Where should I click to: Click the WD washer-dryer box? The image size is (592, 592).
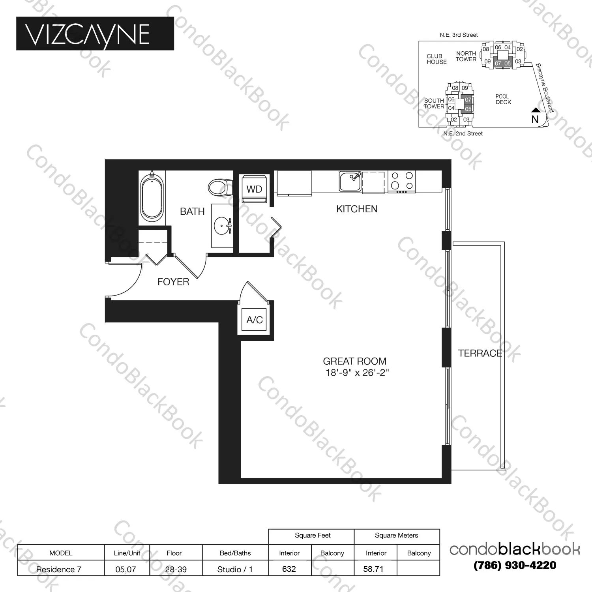[x=254, y=189]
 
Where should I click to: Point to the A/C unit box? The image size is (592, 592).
[x=255, y=320]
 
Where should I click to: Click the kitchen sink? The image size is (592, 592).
[x=350, y=182]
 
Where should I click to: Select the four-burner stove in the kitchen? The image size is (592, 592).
[x=401, y=182]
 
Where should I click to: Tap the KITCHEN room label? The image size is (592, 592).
[x=357, y=209]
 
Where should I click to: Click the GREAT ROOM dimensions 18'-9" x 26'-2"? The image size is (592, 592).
[x=357, y=373]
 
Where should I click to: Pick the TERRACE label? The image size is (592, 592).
[x=480, y=353]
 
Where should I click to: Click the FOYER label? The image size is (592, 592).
[x=173, y=282]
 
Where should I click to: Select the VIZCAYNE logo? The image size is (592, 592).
[x=95, y=34]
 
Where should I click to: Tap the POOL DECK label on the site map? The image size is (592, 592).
[x=503, y=99]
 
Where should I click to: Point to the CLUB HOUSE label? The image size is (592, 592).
[x=437, y=59]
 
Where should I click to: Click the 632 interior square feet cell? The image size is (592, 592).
[x=289, y=569]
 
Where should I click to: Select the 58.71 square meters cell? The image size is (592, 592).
[x=373, y=569]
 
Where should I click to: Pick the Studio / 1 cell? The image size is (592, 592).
[x=235, y=569]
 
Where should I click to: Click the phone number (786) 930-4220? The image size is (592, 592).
[x=515, y=565]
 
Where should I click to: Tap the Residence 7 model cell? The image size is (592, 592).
[x=59, y=569]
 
